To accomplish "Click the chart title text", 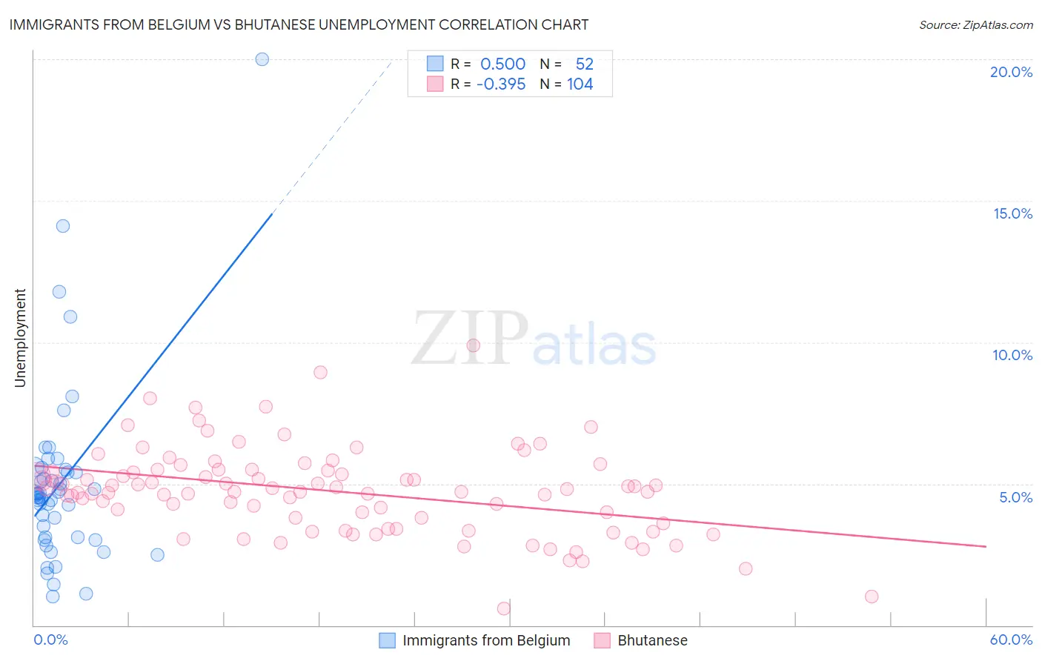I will coord(299,24).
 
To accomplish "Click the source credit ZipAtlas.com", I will coord(975,25).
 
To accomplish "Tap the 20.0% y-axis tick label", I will coord(1011,72).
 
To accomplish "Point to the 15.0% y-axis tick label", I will coord(1012,213).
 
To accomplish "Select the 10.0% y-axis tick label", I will coord(1012,355).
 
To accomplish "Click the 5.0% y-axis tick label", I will coord(1015,497).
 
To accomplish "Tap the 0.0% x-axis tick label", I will coord(50,640).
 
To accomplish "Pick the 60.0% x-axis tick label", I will coord(1011,640).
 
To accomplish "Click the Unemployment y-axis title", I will coord(20,338).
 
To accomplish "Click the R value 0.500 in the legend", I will coord(502,64).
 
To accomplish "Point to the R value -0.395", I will coord(501,84).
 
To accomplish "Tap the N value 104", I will coord(580,84).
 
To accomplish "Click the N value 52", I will coord(584,64).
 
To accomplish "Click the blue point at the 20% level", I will coord(262,59).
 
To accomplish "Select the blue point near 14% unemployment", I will coord(63,226).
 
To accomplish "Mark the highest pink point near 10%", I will coord(474,345).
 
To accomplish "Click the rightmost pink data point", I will coord(872,597).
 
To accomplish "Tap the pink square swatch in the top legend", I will coord(435,84).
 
